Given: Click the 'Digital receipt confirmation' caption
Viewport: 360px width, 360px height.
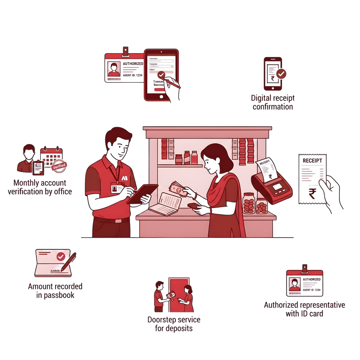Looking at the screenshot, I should pos(273,102).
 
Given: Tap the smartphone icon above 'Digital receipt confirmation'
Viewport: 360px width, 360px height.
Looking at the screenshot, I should pos(273,74).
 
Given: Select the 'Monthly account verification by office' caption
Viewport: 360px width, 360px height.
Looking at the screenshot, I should pos(40,187).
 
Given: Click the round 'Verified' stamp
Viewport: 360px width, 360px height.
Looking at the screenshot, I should pos(59,166).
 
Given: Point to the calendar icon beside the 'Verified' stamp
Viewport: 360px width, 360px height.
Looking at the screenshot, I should pos(51,156).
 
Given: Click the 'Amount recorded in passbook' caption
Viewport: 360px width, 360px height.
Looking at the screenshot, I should pos(55,291).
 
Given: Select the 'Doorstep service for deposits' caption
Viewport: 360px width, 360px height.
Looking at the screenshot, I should pos(174,324).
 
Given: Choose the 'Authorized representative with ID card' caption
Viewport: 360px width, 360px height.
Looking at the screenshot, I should pos(304,309).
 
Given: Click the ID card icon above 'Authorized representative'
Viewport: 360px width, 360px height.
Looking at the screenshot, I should pos(305,283).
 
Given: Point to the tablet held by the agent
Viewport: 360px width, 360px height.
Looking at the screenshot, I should pos(142,193).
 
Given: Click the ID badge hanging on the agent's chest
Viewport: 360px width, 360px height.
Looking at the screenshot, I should pos(116,189).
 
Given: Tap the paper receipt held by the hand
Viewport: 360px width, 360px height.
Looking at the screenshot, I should pos(312,178).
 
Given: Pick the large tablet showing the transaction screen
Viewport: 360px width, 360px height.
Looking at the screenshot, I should pos(161,75).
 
